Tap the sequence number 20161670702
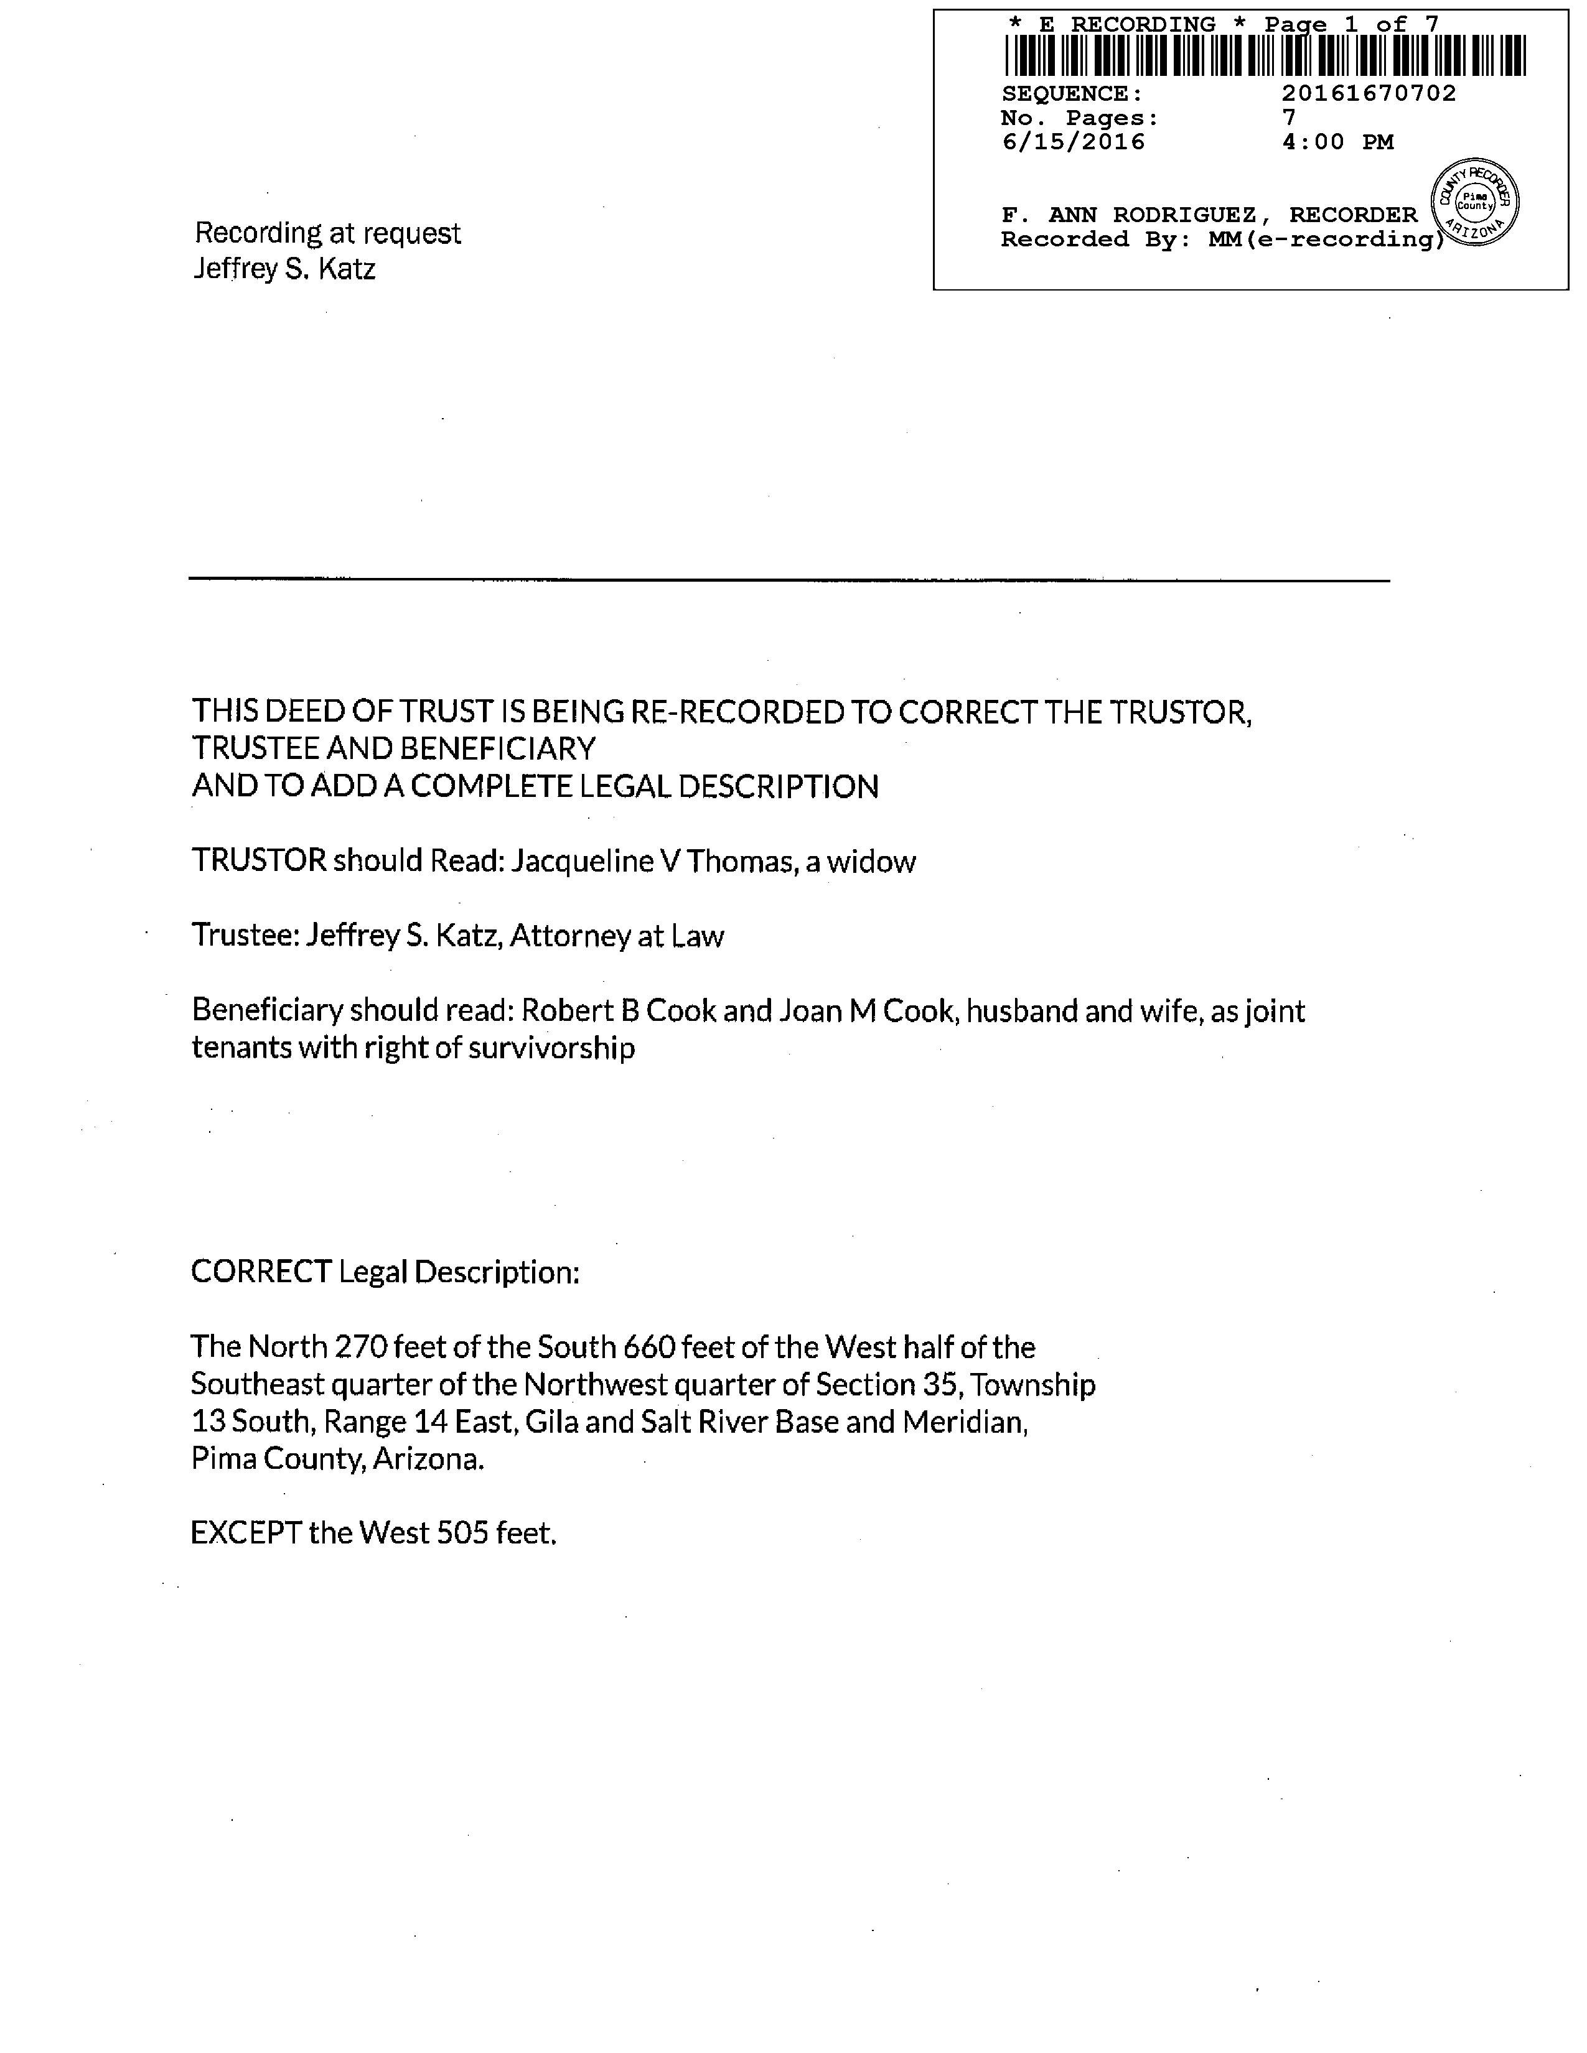[1369, 93]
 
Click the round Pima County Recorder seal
[1474, 201]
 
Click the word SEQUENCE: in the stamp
[1072, 94]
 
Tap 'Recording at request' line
[327, 233]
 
